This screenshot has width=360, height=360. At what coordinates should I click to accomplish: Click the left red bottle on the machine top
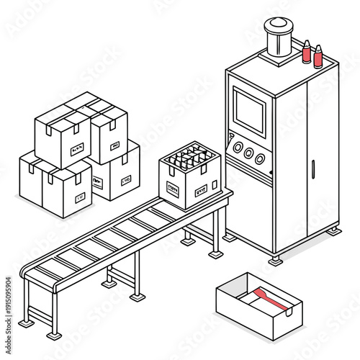point(306,53)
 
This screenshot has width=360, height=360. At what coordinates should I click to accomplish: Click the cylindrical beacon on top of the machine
point(278,38)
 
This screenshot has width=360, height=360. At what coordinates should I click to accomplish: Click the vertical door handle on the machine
point(313,170)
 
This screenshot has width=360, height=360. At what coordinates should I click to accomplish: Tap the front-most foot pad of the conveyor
point(53,336)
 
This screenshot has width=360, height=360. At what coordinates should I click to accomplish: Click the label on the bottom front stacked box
point(79,197)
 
